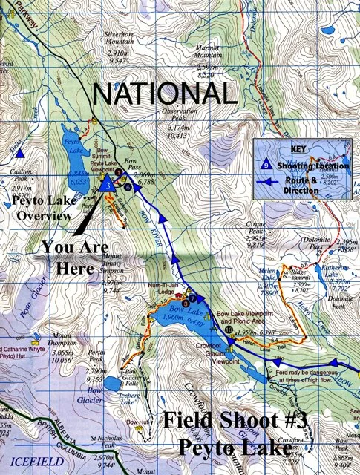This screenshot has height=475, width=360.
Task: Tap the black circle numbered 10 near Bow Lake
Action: [x=229, y=330]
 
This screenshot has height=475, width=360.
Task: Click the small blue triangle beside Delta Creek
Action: [x=22, y=153]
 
